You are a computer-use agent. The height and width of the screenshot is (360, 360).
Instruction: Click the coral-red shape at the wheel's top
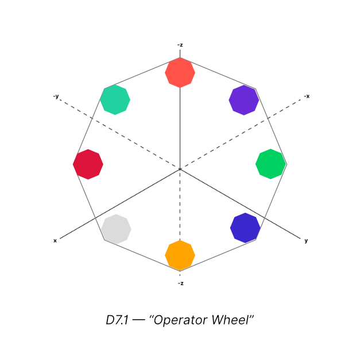[180, 72]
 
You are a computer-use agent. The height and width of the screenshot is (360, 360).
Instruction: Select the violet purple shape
[244, 100]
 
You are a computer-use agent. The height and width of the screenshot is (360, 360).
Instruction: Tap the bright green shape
[270, 164]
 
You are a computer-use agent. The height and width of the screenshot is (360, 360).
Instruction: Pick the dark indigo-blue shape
[245, 228]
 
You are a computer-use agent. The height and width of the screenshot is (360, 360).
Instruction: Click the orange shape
[180, 256]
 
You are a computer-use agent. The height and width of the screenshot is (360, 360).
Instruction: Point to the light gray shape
[116, 229]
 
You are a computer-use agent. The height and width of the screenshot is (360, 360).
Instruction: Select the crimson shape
[88, 164]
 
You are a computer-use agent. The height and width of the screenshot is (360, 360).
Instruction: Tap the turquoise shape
[115, 99]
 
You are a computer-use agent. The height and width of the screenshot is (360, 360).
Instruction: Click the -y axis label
[56, 96]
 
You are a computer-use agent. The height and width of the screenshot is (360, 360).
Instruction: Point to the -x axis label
[307, 96]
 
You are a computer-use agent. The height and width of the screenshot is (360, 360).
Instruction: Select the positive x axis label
[55, 241]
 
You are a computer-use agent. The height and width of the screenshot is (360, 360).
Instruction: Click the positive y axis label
[306, 241]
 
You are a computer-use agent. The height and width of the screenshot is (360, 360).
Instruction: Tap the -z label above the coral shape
[180, 44]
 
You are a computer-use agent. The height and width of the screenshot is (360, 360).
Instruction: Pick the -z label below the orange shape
[180, 283]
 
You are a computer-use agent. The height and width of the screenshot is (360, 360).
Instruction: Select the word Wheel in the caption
[233, 319]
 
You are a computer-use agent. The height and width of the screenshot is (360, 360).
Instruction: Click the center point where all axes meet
[180, 169]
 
